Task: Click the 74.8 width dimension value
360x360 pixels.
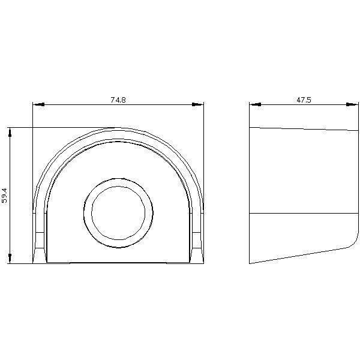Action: coord(118,100)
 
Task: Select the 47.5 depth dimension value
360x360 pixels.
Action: coord(304,100)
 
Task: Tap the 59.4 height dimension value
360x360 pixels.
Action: coord(5,196)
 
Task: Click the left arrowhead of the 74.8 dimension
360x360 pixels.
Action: coord(38,104)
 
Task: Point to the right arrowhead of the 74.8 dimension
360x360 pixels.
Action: coord(197,104)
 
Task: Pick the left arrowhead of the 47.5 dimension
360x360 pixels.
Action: coord(256,104)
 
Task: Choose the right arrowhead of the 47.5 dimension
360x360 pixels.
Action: coord(352,104)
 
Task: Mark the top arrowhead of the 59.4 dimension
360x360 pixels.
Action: coord(10,133)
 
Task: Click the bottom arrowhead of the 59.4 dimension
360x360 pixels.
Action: coord(10,258)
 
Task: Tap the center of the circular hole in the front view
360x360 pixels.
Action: coord(118,213)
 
